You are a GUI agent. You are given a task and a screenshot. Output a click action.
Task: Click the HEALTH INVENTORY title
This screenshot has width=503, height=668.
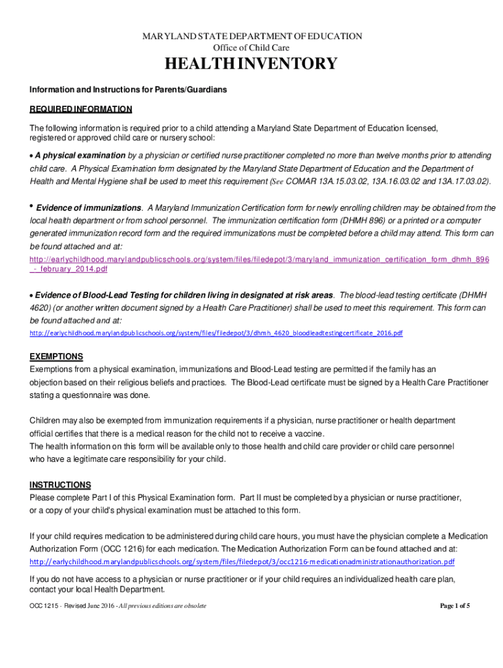tap(252, 64)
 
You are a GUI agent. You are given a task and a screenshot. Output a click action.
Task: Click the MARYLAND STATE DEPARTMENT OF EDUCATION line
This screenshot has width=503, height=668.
tap(252, 36)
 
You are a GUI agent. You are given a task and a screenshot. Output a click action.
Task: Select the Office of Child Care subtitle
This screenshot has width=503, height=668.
tap(252, 48)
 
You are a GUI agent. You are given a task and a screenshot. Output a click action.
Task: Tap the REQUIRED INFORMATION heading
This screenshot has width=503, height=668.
tap(81, 109)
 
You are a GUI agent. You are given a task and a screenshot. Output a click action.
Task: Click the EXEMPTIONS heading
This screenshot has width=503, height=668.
tap(56, 357)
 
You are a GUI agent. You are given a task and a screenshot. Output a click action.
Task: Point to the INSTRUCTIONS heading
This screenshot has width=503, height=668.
tap(60, 485)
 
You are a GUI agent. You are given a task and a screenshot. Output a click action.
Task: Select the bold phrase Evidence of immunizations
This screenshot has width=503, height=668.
tap(88, 208)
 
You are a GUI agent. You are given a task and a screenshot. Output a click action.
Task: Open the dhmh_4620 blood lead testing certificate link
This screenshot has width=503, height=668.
tap(216, 333)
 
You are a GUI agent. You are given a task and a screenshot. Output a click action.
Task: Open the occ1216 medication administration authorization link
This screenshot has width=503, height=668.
tap(242, 562)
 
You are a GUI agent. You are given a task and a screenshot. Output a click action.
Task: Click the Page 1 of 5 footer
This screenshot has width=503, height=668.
tap(455, 606)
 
